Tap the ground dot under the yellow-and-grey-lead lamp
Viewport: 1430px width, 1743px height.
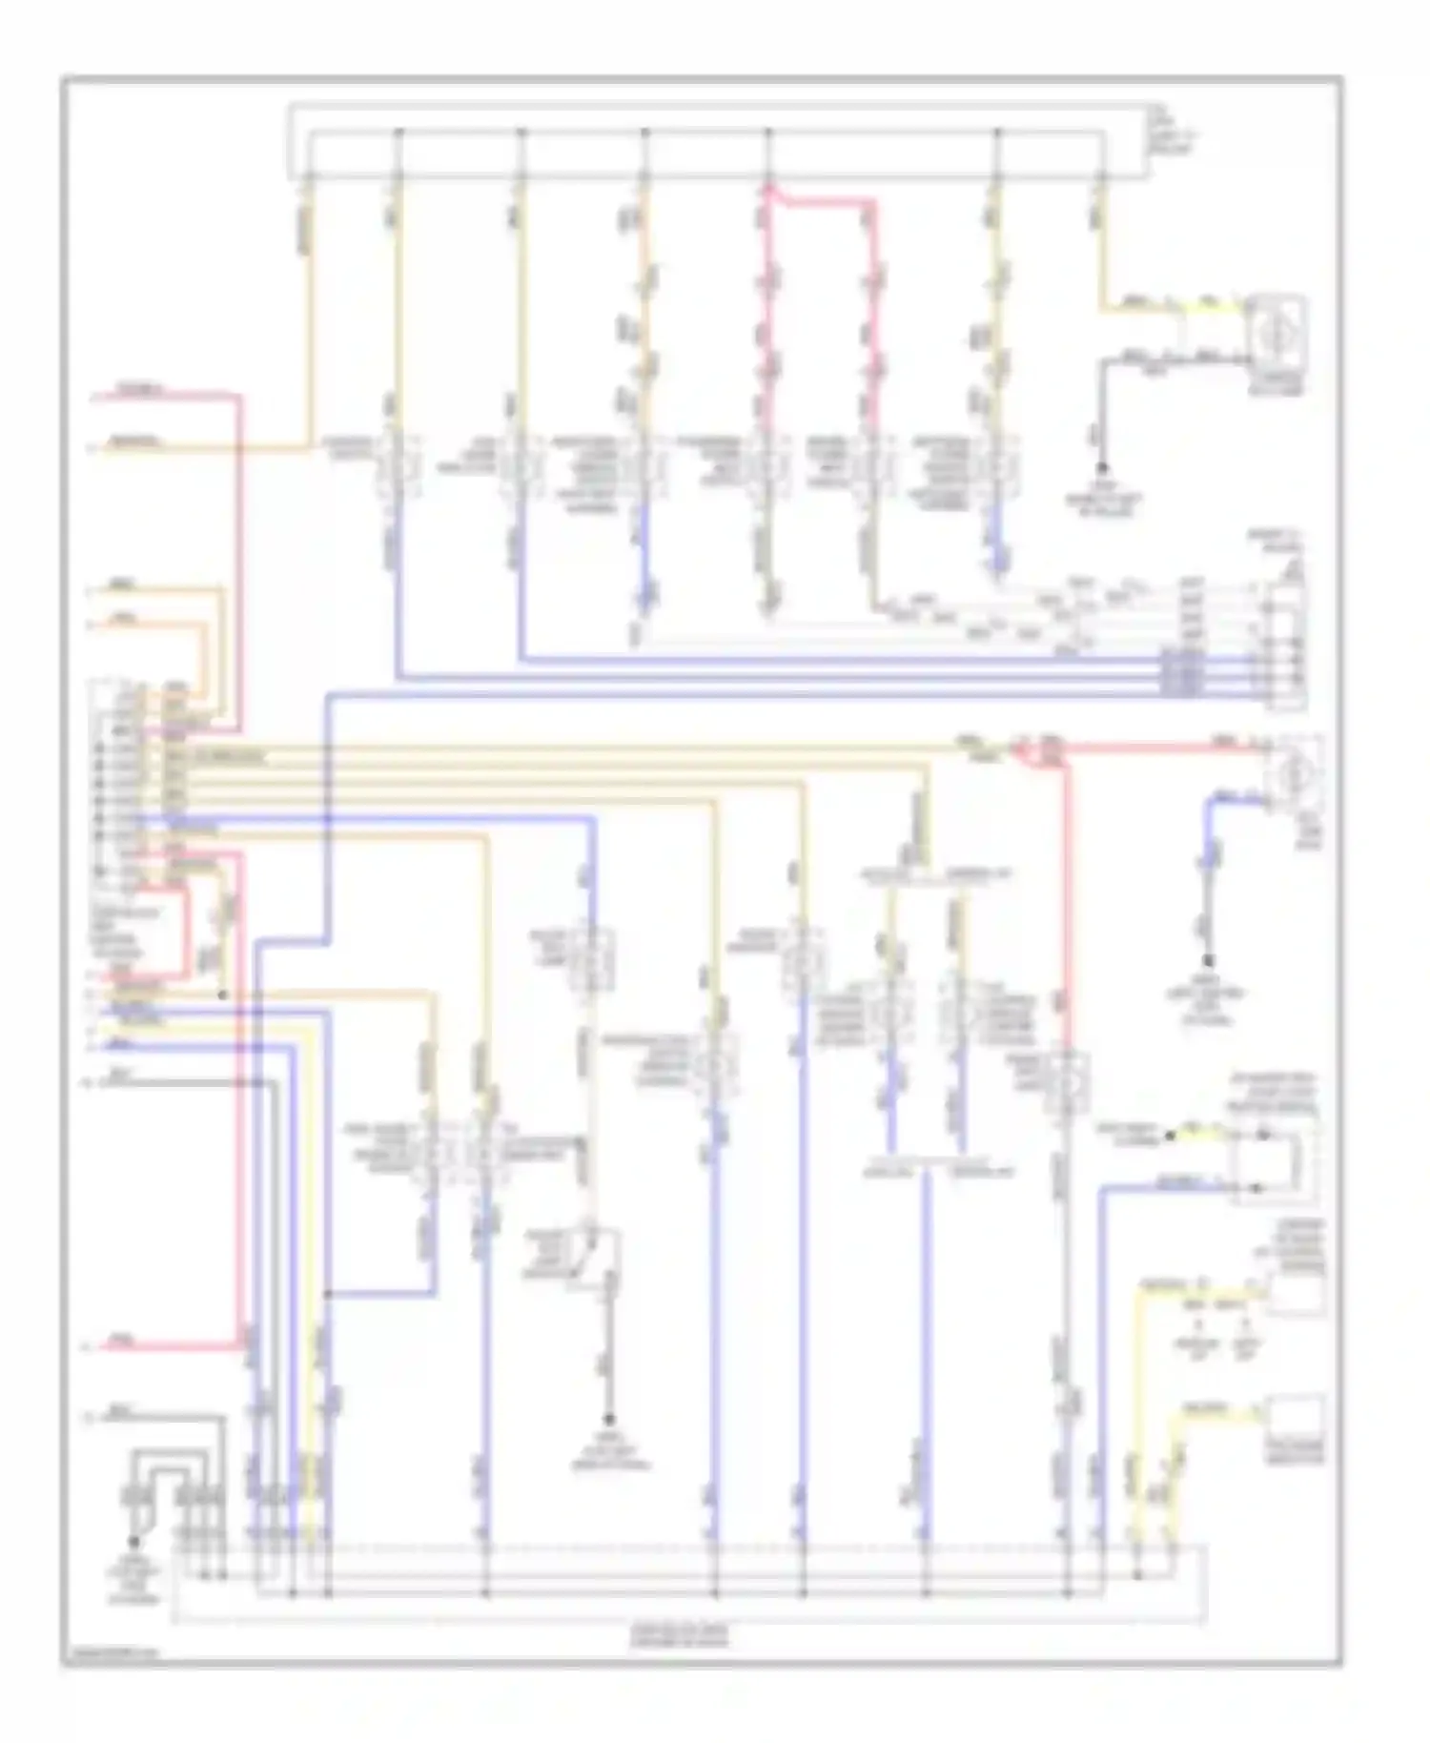[x=1103, y=469]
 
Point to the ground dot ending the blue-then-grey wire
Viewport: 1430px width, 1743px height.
[x=1208, y=961]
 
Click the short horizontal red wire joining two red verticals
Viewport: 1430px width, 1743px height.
[x=820, y=201]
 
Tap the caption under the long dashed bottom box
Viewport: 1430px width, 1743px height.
[x=679, y=1636]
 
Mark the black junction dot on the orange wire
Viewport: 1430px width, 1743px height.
[x=222, y=995]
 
